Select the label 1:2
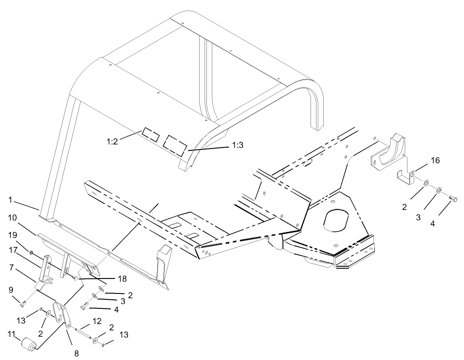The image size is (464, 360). [x=112, y=141]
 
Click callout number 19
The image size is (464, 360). [x=12, y=235]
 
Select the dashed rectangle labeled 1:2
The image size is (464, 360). [x=150, y=134]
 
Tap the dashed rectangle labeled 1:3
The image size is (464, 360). [x=175, y=144]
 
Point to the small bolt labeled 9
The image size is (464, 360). [x=23, y=302]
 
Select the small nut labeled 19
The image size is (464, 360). [x=30, y=252]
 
